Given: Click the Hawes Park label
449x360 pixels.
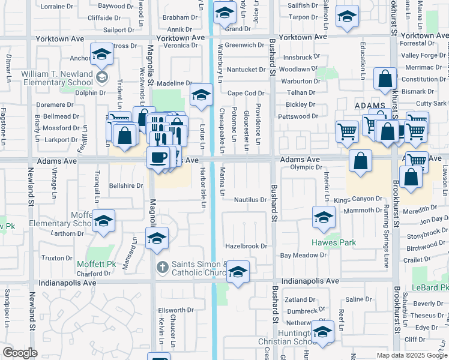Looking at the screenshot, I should tap(333, 243).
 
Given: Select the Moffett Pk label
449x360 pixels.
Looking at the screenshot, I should tap(96, 264).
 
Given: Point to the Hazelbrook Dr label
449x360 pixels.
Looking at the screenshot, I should tap(246, 246).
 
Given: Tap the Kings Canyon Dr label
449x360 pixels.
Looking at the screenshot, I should tap(358, 199).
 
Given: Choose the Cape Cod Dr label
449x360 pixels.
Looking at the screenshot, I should tap(246, 93).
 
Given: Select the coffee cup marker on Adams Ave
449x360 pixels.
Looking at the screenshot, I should tap(158, 158).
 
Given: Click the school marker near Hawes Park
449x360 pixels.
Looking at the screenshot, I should tap(324, 217).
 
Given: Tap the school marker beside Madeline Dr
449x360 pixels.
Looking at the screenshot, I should tap(201, 95).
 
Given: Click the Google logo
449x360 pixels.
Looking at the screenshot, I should tap(20, 353).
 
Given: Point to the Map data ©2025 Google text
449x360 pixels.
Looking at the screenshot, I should tap(412, 355).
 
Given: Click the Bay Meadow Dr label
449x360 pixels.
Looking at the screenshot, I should tap(304, 255).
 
